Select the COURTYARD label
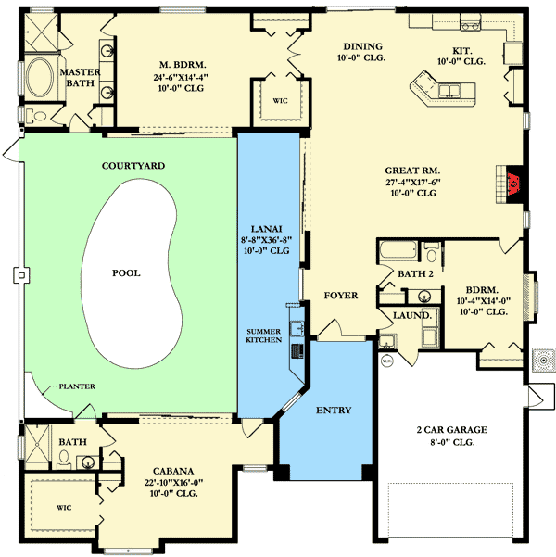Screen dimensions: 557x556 click(128, 166)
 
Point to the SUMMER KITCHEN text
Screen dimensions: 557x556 click(268, 336)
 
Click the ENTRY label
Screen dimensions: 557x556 click(333, 410)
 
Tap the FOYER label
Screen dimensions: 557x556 click(340, 296)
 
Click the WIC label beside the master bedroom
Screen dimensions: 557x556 click(279, 105)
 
